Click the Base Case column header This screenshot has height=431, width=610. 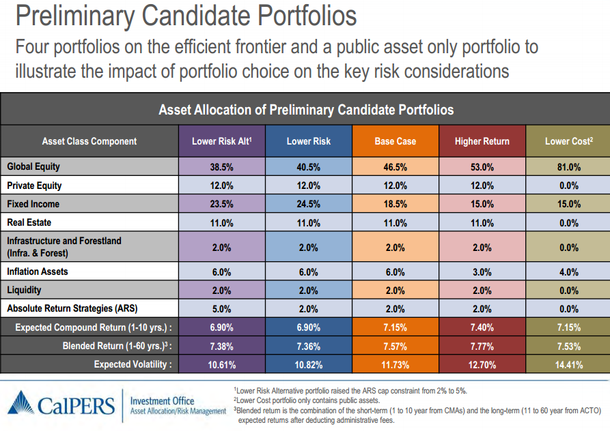coord(396,141)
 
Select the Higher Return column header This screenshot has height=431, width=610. coord(482,141)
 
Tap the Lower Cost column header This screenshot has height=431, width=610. coord(568,141)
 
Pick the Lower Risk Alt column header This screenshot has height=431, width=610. coord(222,141)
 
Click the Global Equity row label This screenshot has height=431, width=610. coord(33,166)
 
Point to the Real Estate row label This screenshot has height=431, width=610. coord(29,222)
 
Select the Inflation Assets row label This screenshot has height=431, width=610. coord(37,271)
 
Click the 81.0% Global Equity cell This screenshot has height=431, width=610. coord(568,167)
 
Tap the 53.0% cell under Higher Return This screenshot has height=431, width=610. coord(482,167)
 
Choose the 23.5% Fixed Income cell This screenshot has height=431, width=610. coord(222,204)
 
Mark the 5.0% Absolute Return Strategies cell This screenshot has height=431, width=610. coord(222,308)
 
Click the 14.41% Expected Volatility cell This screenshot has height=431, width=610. coord(568,365)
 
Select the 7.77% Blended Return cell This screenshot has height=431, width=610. coord(482,346)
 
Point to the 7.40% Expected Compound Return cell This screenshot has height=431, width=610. coord(482,327)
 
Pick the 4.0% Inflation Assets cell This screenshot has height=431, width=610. coord(568,272)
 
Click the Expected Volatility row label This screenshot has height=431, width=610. coord(133,365)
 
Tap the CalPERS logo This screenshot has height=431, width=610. coord(61,404)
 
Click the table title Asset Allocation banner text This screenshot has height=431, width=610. coord(305,109)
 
